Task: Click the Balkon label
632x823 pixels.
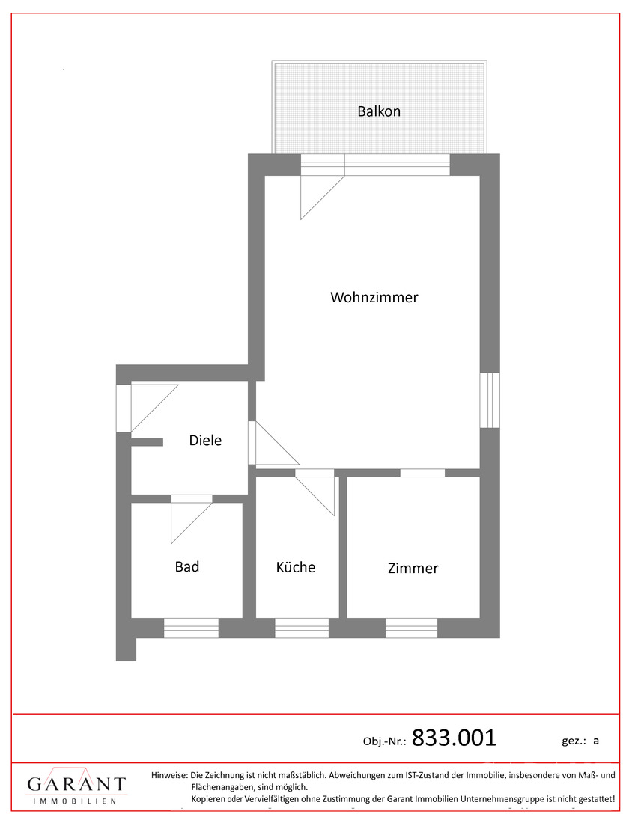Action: (x=379, y=111)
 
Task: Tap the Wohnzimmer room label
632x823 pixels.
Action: (x=374, y=297)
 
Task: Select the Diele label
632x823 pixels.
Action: (x=205, y=441)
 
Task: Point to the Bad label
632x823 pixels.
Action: (x=187, y=567)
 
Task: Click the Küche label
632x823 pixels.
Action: (x=296, y=567)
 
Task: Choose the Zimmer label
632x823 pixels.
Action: (x=413, y=569)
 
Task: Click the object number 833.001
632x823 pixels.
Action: (x=454, y=738)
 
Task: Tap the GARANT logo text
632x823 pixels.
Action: (x=76, y=783)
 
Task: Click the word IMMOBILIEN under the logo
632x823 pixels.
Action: (x=75, y=801)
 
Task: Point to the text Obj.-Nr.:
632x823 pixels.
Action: (x=385, y=741)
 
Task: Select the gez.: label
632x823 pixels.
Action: (x=574, y=741)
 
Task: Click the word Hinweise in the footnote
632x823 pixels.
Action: (x=169, y=774)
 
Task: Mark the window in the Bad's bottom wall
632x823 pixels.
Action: (x=191, y=628)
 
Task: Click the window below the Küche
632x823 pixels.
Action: (x=302, y=628)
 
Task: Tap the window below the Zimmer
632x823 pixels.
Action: (x=411, y=628)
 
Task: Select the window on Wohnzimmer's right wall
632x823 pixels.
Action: (x=490, y=400)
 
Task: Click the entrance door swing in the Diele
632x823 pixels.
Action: (x=155, y=408)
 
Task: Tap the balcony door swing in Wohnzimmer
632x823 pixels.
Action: (x=323, y=198)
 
